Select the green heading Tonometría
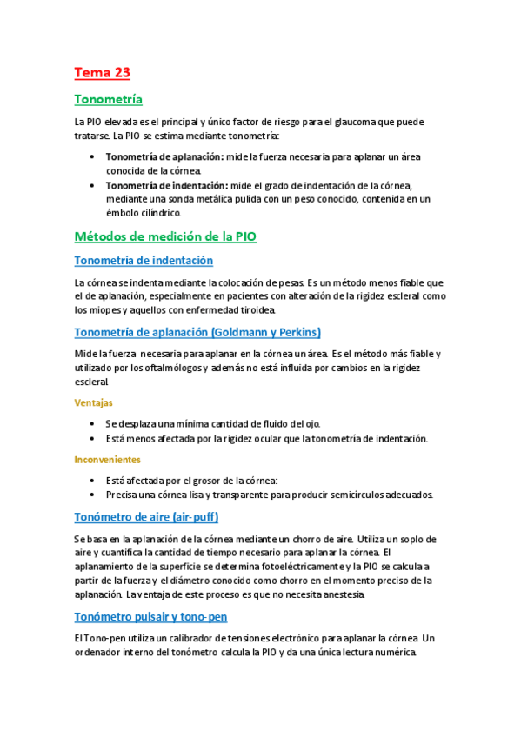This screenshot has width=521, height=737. [109, 99]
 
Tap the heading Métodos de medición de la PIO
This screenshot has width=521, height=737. [165, 236]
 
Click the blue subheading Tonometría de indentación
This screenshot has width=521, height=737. [144, 260]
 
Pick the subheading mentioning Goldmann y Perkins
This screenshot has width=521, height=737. [198, 332]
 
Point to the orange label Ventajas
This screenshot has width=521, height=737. [93, 402]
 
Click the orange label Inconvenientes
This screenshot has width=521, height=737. [108, 459]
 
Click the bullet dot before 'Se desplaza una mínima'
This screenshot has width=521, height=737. [93, 423]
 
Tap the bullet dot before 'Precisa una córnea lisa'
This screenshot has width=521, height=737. [93, 495]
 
